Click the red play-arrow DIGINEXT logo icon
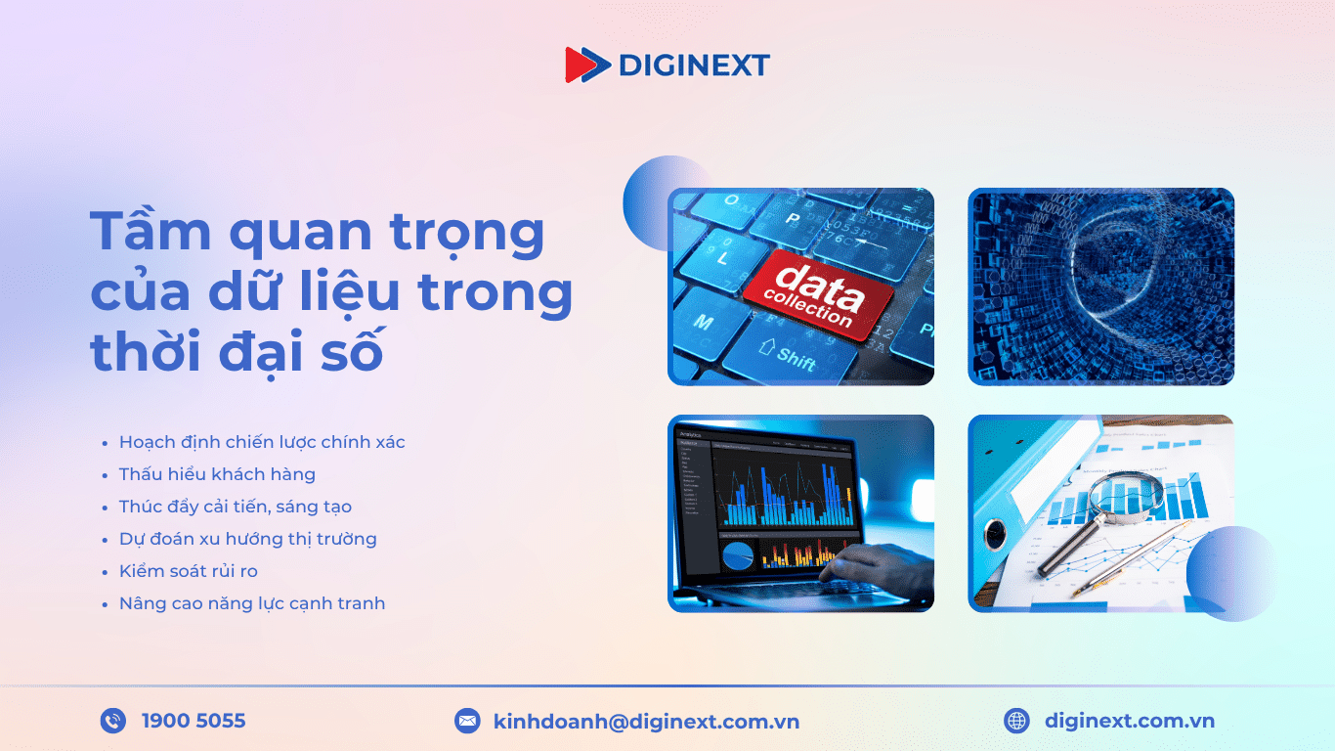click(584, 65)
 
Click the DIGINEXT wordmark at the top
click(694, 66)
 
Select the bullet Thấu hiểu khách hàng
click(217, 474)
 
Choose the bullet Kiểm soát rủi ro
click(189, 571)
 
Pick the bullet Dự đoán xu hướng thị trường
click(247, 539)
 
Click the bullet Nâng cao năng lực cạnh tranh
click(252, 603)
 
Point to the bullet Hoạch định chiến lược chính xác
click(262, 442)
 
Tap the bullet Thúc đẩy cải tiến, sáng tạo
click(235, 507)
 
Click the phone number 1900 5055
click(194, 722)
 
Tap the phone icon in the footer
click(113, 722)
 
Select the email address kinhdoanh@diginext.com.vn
click(646, 722)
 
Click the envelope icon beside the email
click(467, 722)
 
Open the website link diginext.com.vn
click(1129, 722)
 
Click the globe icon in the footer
click(1016, 722)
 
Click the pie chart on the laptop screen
click(738, 556)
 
